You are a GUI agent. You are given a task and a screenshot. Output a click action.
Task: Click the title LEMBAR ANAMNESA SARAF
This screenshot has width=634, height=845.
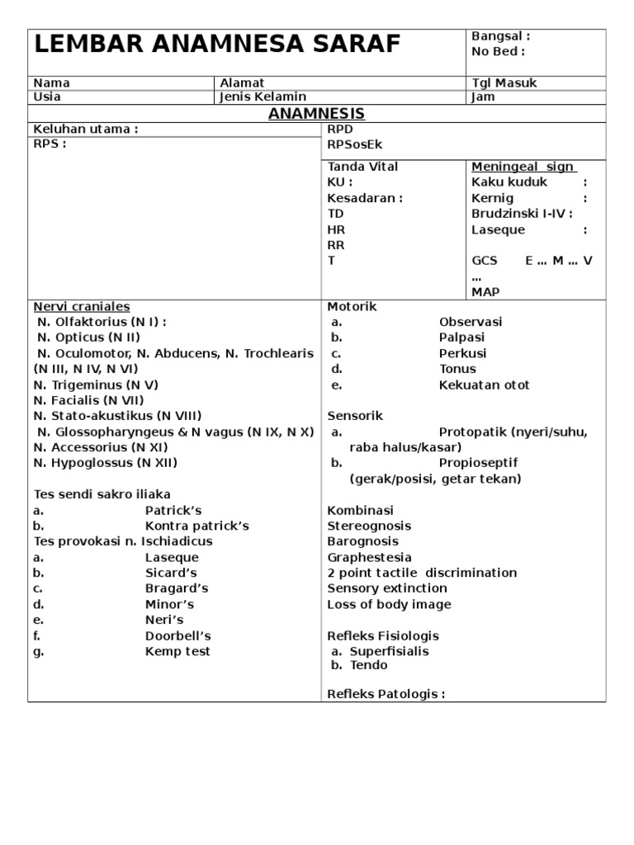pos(217,45)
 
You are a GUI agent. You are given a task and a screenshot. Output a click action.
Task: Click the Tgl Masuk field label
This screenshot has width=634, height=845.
pos(503,83)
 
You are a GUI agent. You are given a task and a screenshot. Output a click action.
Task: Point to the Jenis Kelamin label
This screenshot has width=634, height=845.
pos(263,97)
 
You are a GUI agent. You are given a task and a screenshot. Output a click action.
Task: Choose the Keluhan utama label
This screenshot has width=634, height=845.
pos(85,129)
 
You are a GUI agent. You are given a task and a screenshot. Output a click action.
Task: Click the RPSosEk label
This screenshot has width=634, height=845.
pos(355,145)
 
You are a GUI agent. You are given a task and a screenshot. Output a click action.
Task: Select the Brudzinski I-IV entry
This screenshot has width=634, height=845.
pos(522,214)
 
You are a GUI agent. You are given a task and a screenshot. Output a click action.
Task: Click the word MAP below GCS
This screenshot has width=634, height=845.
pos(485,291)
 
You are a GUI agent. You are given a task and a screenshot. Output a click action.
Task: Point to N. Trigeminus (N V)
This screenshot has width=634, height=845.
pos(96,385)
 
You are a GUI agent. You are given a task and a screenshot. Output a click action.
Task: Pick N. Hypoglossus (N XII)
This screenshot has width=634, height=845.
pos(105,463)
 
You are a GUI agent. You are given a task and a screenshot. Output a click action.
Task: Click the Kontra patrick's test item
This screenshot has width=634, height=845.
pos(196,526)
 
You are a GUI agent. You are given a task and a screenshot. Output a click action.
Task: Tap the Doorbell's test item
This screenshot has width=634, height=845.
pos(178,635)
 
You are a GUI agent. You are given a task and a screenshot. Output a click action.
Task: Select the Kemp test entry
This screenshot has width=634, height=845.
pos(177,651)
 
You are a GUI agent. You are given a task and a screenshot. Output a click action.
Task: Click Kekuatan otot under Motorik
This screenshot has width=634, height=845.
pos(484,385)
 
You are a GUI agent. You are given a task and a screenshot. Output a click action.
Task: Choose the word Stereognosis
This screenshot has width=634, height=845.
pos(369,526)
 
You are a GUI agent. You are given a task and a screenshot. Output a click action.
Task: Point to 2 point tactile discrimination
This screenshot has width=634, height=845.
pos(422,573)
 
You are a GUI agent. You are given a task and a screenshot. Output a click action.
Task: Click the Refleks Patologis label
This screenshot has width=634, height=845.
pos(386,694)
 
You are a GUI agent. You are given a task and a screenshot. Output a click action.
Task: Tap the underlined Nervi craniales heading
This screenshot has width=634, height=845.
pos(82,306)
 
